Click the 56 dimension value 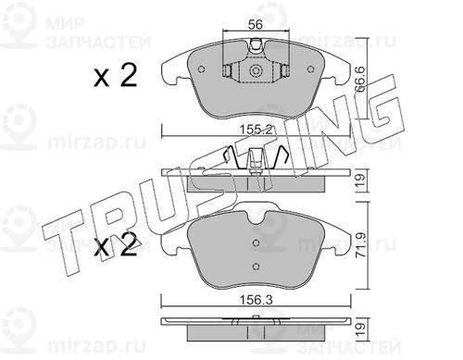pos(256,24)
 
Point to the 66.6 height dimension pos(360,79)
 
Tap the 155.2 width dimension pos(257,130)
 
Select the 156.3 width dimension pos(257,300)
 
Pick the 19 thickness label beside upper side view pos(360,180)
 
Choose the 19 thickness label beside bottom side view pos(360,329)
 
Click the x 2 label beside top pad pos(116,76)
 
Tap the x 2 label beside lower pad pos(116,247)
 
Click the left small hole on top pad pos(201,69)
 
